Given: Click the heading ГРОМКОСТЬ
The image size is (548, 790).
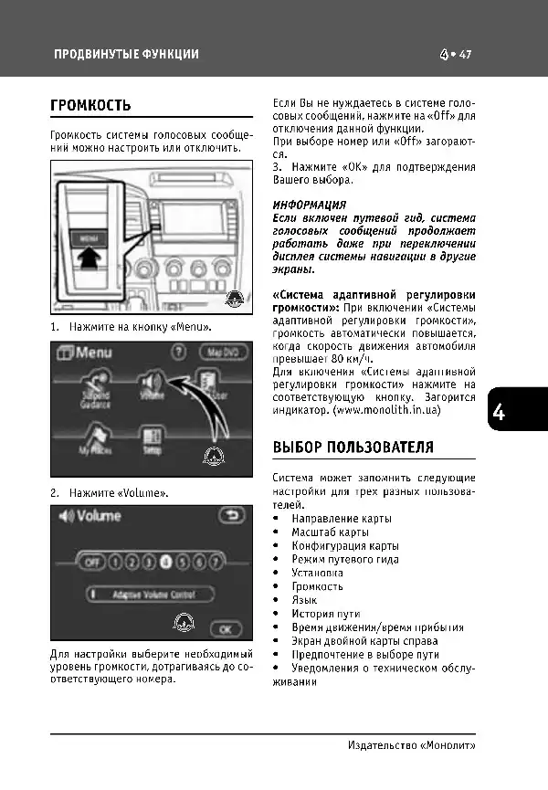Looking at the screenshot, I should click(x=91, y=106).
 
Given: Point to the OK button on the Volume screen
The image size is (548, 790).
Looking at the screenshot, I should click(x=225, y=628).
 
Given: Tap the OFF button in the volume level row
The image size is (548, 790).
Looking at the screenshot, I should click(x=90, y=563).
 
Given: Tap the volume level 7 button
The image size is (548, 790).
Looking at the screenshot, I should click(x=216, y=563).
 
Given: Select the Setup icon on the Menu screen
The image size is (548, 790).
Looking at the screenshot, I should click(x=153, y=444).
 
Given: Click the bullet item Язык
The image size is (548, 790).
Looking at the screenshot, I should click(x=305, y=600).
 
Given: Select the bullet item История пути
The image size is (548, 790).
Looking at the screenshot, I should click(x=325, y=614).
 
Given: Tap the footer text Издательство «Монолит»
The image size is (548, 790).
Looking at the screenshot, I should click(x=412, y=745).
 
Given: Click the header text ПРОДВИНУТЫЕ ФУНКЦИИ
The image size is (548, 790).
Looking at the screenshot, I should click(x=126, y=55).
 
